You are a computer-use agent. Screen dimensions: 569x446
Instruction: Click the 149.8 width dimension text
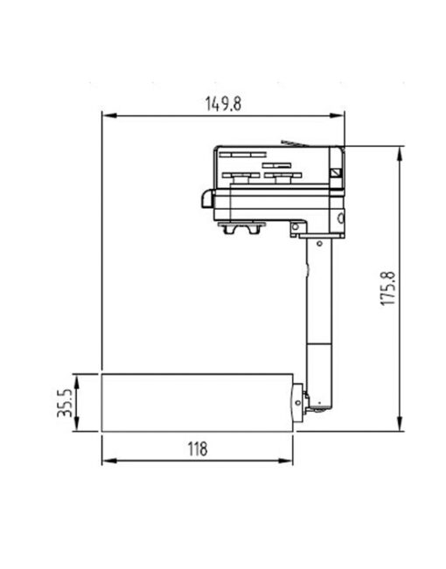(x=223, y=102)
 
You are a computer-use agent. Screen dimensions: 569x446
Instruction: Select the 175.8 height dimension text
(x=390, y=288)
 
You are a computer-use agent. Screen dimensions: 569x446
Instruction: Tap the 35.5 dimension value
(x=65, y=403)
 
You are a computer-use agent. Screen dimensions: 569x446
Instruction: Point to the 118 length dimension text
(x=198, y=449)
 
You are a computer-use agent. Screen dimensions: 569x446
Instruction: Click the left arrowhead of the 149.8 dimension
(x=107, y=114)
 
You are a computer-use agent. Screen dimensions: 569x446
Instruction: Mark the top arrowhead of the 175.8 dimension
(x=401, y=151)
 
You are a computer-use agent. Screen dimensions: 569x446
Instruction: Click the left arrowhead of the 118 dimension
(x=107, y=461)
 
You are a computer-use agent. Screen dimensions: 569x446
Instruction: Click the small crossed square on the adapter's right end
(x=336, y=171)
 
